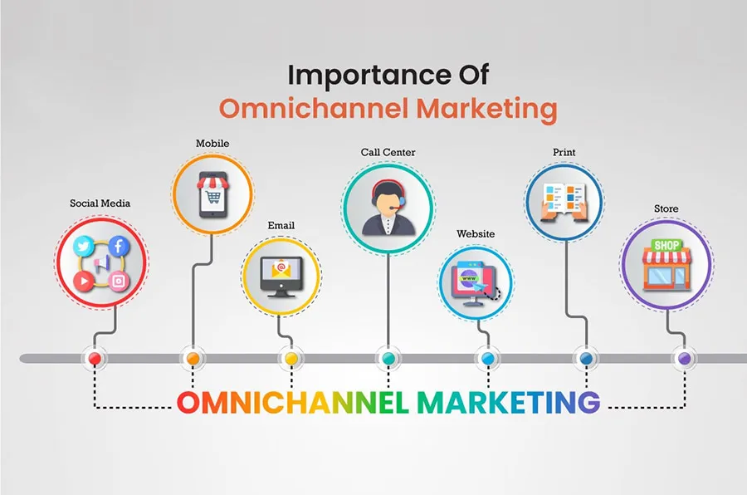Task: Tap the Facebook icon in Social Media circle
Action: coord(118,246)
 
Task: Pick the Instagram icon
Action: coord(119,282)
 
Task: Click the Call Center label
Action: coord(388,152)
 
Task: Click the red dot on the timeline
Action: coord(95,358)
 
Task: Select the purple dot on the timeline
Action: coord(684,358)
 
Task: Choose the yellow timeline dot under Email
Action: coord(290,358)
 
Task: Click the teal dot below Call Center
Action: coord(388,358)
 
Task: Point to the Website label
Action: coord(476,234)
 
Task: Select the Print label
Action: coord(564,153)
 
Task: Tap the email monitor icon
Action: coord(281,275)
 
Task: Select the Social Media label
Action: coord(100,203)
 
